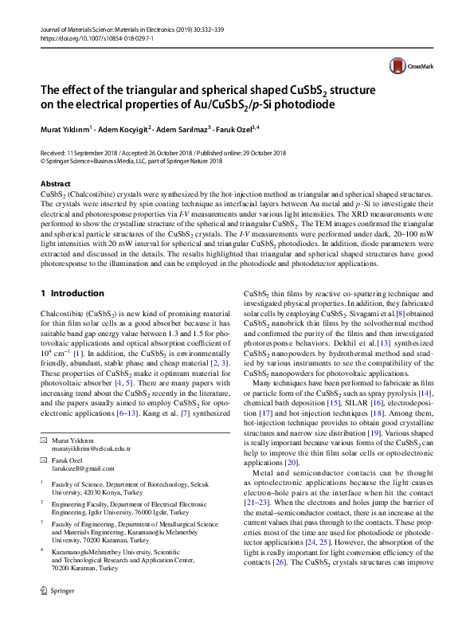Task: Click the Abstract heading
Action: point(55,184)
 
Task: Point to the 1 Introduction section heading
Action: point(72,293)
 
